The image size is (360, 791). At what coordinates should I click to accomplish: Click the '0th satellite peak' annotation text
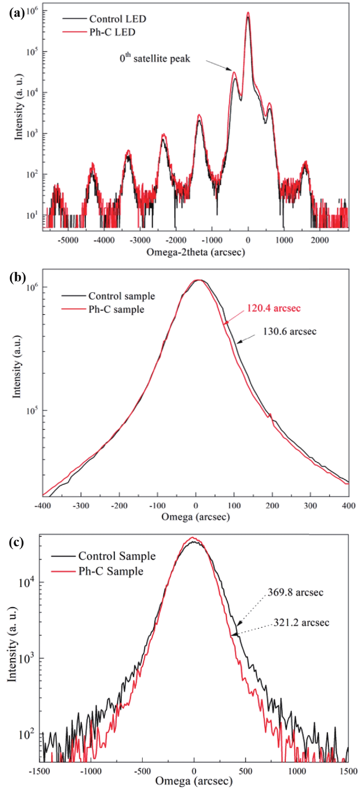pos(155,58)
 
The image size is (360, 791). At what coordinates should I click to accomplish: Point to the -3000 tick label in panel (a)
pos(140,240)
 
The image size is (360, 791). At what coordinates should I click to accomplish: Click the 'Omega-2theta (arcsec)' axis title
pos(196,252)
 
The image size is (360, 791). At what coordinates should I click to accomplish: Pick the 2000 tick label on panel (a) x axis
pos(320,240)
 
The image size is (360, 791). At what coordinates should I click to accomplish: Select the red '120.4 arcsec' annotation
pos(274,308)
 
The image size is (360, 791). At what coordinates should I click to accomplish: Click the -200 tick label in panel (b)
pos(119,506)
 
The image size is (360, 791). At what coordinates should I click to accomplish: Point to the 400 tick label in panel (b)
pos(349,506)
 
